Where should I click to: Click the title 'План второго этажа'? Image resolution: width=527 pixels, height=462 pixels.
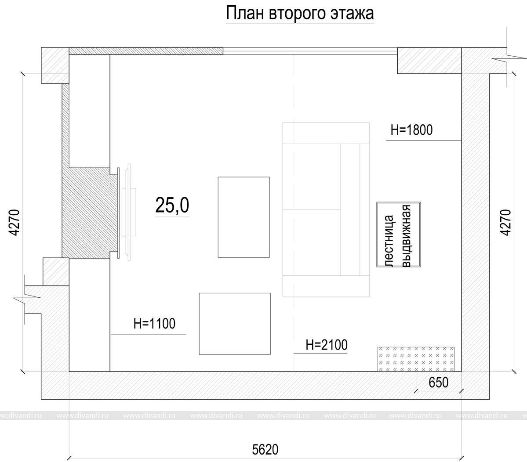(x=299, y=14)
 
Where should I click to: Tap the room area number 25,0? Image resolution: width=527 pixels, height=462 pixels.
(x=172, y=206)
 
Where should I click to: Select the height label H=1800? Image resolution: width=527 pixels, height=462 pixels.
(x=411, y=130)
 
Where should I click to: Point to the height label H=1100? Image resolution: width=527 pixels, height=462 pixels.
(x=154, y=324)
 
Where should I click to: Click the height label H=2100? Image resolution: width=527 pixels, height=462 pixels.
(x=326, y=345)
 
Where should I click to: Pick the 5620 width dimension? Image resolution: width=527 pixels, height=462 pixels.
(x=265, y=449)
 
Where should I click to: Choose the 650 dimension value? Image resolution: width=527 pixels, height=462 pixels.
(x=439, y=383)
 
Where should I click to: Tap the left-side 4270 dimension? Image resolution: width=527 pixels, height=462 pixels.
(x=15, y=222)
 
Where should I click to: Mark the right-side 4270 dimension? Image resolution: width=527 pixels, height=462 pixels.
(x=505, y=222)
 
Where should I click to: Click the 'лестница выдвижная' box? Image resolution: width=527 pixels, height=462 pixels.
(x=399, y=235)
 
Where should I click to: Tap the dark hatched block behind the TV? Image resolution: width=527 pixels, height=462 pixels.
(x=87, y=213)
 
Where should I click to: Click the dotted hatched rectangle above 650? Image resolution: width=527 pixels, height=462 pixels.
(x=416, y=359)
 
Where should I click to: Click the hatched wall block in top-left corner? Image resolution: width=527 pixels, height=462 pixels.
(x=55, y=65)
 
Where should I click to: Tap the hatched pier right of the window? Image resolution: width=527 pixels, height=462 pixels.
(x=429, y=61)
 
